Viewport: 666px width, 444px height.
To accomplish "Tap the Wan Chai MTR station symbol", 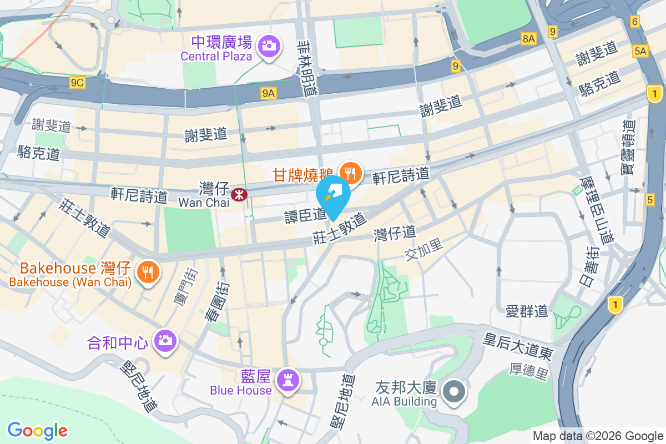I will [x=239, y=194].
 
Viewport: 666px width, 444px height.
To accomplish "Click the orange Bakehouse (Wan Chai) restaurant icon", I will [x=147, y=273].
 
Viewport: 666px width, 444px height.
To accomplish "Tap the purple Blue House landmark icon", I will [x=289, y=380].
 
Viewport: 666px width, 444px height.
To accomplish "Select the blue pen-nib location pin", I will [x=333, y=195].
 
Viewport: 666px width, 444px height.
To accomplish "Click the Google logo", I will [x=38, y=430].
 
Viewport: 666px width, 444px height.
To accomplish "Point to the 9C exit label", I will [x=77, y=83].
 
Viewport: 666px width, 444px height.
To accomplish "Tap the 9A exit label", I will [x=269, y=93].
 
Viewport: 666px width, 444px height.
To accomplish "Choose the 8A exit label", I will [x=529, y=38].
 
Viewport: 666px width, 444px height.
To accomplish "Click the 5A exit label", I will [x=640, y=51].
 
